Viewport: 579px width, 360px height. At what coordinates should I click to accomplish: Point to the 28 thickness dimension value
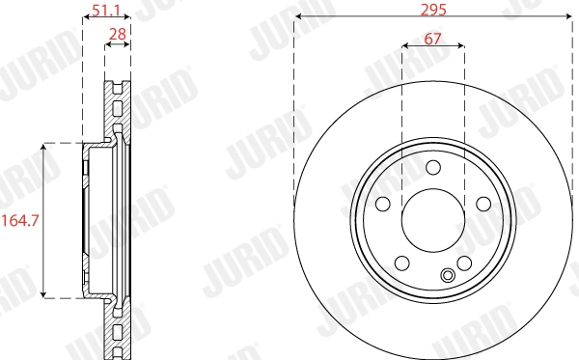[x=118, y=36]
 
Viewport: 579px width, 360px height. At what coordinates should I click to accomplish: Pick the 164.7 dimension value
[x=20, y=221]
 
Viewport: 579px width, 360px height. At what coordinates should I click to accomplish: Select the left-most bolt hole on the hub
[x=382, y=204]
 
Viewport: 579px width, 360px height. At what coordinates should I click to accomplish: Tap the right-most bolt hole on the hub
[x=482, y=204]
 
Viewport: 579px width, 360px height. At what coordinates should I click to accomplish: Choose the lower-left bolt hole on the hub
[x=401, y=263]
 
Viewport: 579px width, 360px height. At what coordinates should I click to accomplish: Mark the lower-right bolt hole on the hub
[x=463, y=263]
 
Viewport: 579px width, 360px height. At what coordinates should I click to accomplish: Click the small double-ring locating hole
[x=447, y=277]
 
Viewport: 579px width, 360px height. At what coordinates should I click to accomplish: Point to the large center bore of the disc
[x=432, y=219]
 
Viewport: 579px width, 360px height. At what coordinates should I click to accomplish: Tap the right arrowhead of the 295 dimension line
[x=565, y=18]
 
